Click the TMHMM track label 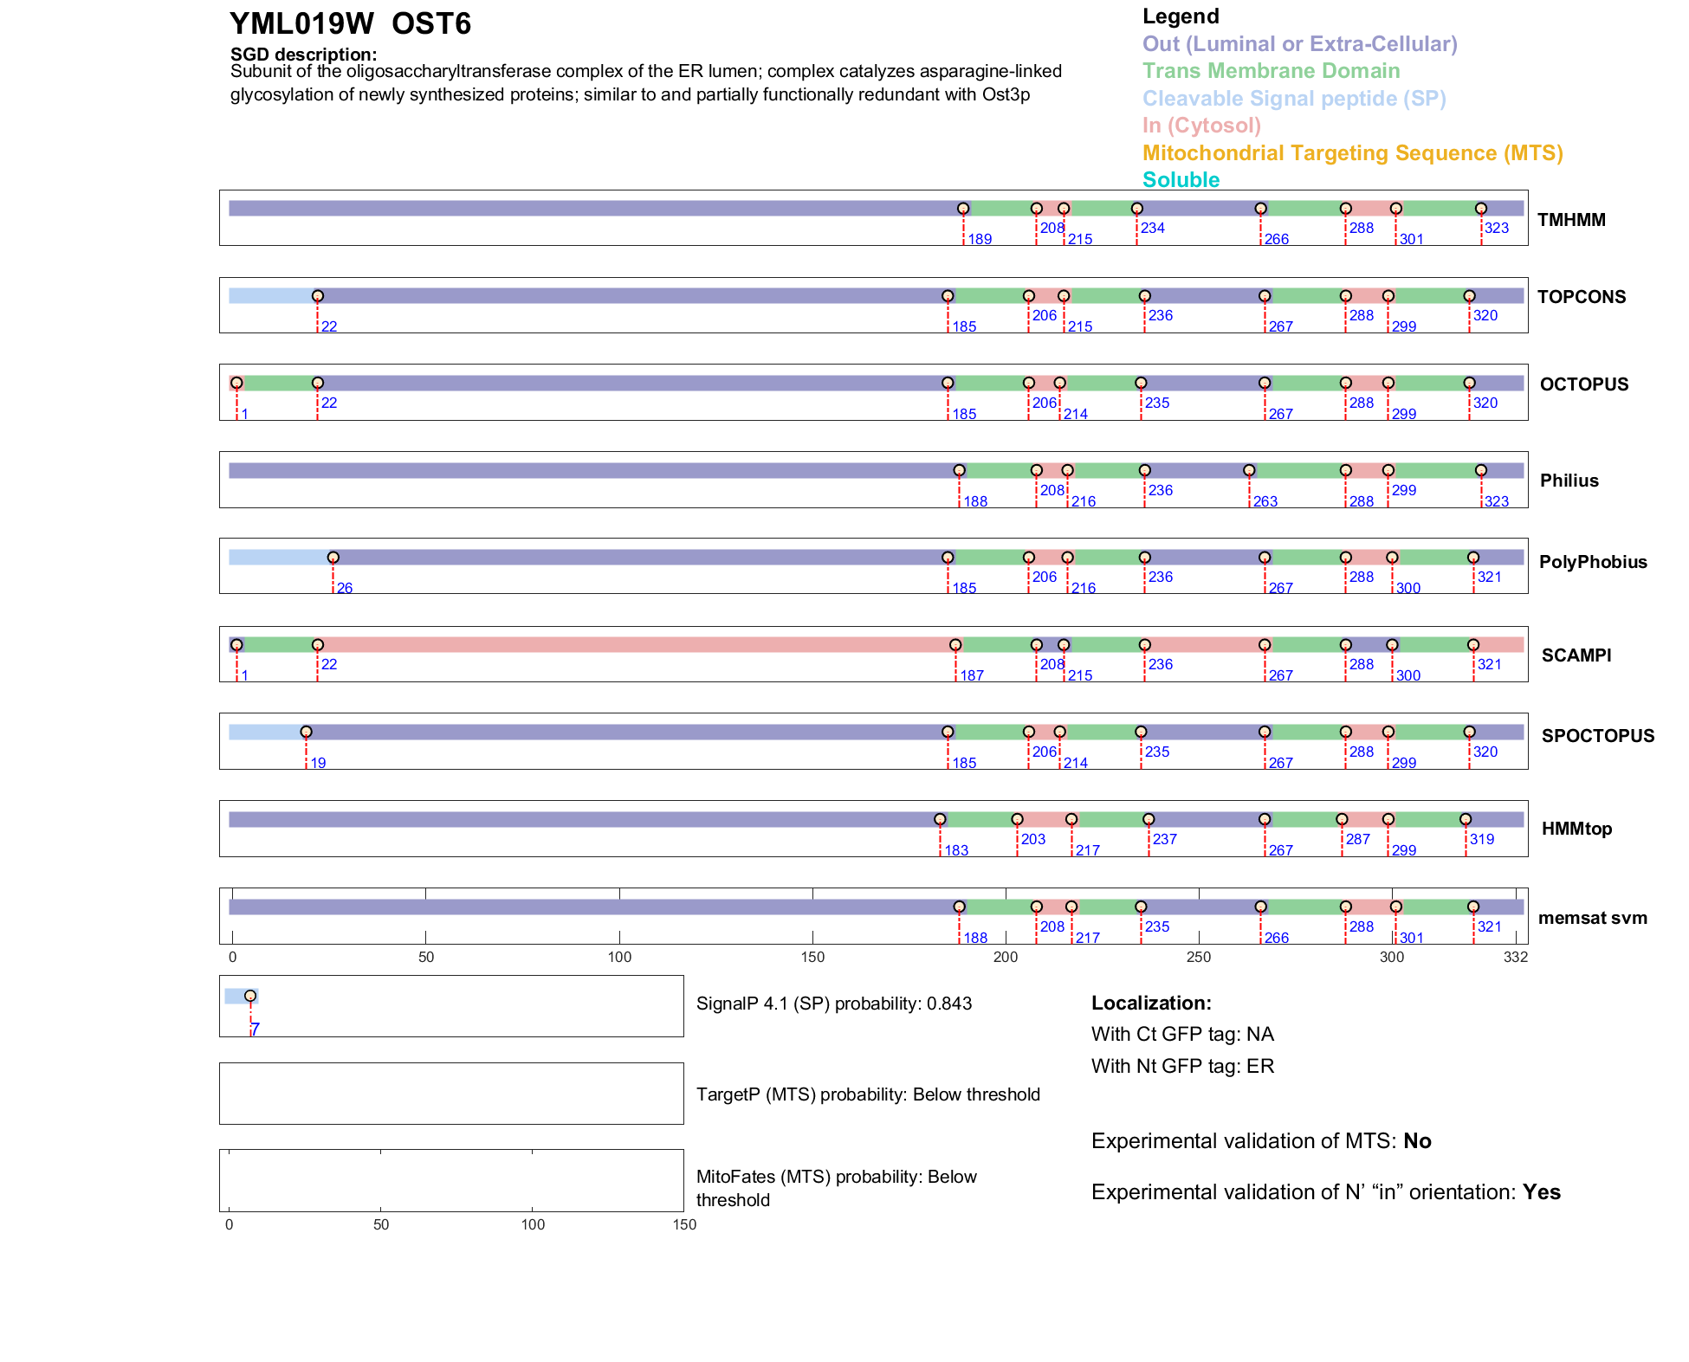1571,220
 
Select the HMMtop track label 1576,829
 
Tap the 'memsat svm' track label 1592,918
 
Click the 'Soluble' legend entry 1181,180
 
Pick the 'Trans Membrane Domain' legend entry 1271,71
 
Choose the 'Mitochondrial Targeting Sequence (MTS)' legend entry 1352,153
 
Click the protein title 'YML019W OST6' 350,24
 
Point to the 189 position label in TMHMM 980,240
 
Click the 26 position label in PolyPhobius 345,589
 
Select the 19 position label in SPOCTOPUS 318,764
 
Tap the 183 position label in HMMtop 956,851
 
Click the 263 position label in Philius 1265,502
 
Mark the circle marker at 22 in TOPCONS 318,296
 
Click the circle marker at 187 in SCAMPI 955,645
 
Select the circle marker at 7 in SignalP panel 250,996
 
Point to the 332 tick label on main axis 1516,958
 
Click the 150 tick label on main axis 812,958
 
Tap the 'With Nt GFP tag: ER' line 1182,1066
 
